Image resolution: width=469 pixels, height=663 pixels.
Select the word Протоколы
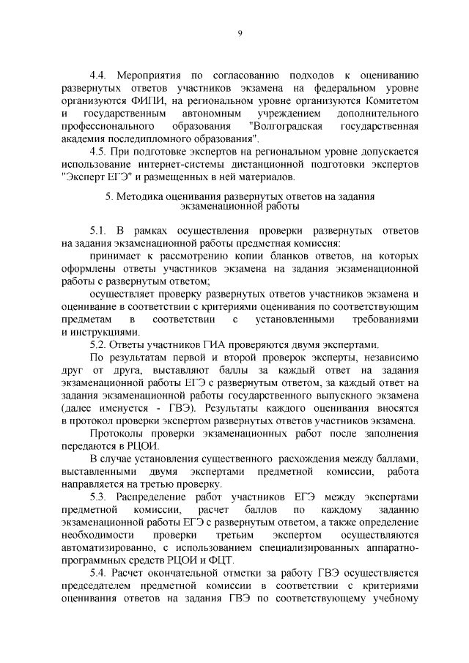118,434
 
